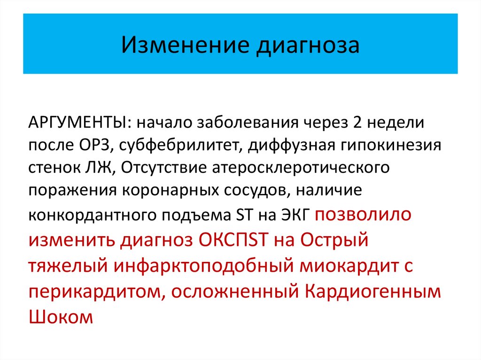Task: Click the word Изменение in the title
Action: tap(184, 45)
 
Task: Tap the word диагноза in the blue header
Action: tap(307, 46)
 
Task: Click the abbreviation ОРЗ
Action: tap(93, 145)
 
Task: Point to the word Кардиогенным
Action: tap(373, 291)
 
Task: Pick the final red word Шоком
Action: tap(61, 316)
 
